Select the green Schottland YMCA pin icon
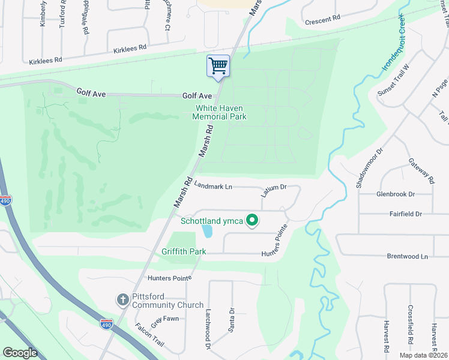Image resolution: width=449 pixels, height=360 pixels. (x=253, y=221)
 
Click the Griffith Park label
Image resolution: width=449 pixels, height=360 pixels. (x=184, y=251)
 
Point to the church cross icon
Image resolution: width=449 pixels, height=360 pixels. (x=122, y=299)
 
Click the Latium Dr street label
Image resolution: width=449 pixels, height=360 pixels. (x=273, y=191)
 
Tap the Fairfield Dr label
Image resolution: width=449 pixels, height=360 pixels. (x=405, y=214)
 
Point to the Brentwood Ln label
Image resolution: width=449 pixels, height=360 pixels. (x=407, y=256)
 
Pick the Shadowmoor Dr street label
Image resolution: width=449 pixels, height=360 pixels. (x=369, y=170)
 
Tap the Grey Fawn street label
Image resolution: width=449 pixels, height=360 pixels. (x=164, y=320)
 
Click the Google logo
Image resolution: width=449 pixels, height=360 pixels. (x=20, y=353)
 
